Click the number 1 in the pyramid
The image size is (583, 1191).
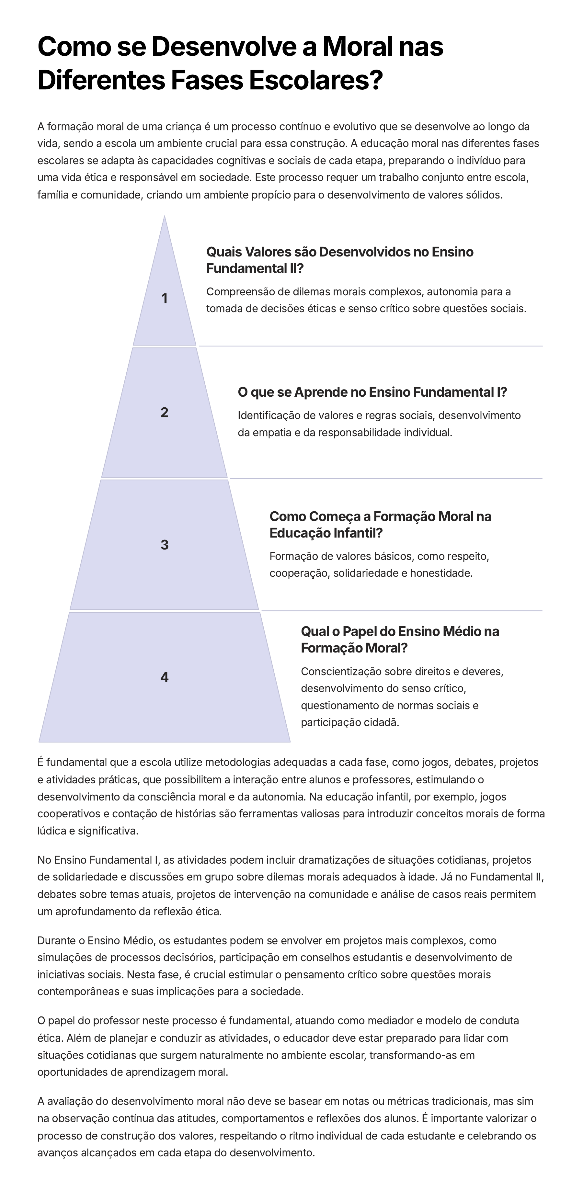pos(164,299)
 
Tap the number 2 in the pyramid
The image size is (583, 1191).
pos(164,413)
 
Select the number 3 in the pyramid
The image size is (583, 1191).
pos(164,545)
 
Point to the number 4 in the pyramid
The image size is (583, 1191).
pos(164,677)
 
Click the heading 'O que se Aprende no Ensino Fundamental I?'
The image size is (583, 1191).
pos(372,392)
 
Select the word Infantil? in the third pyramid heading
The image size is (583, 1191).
pos(359,533)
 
